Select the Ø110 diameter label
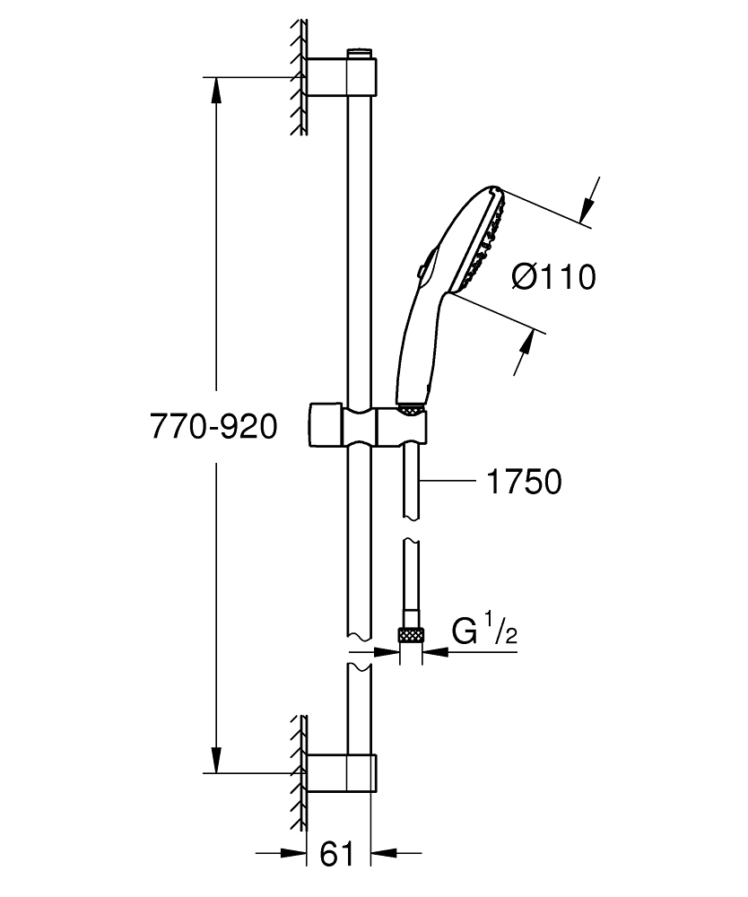[553, 277]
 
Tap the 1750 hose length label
[524, 482]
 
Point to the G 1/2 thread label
[484, 631]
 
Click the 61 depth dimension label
[338, 853]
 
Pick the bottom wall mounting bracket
[342, 773]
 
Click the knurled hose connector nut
[412, 634]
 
